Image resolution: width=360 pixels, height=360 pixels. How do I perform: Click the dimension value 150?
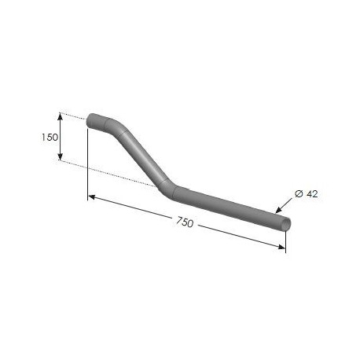click(50, 137)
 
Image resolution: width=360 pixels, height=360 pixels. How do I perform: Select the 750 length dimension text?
click(185, 222)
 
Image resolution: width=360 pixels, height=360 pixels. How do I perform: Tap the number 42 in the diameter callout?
click(312, 194)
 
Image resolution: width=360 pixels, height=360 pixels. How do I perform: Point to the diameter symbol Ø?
click(299, 194)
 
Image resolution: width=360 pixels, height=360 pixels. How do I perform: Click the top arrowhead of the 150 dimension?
click(61, 116)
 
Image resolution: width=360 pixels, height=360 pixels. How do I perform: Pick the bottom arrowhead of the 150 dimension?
click(61, 156)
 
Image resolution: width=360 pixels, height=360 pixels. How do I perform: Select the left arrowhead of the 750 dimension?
click(91, 197)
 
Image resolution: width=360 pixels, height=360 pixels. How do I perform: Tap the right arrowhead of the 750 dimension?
click(281, 247)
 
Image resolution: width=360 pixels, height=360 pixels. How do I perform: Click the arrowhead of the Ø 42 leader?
click(278, 210)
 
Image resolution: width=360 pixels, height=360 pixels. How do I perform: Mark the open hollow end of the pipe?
click(286, 224)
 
